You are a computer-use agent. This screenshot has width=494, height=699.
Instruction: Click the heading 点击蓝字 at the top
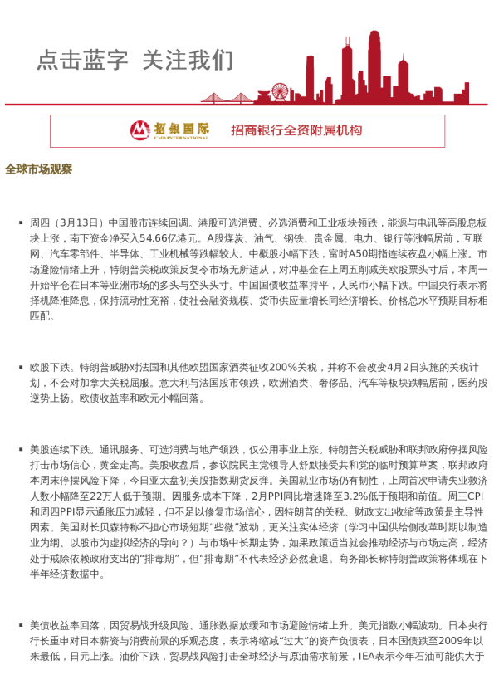click(x=83, y=61)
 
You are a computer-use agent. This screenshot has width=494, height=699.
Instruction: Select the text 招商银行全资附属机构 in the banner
click(x=296, y=130)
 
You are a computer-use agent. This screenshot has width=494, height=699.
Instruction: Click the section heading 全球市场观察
click(x=38, y=169)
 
